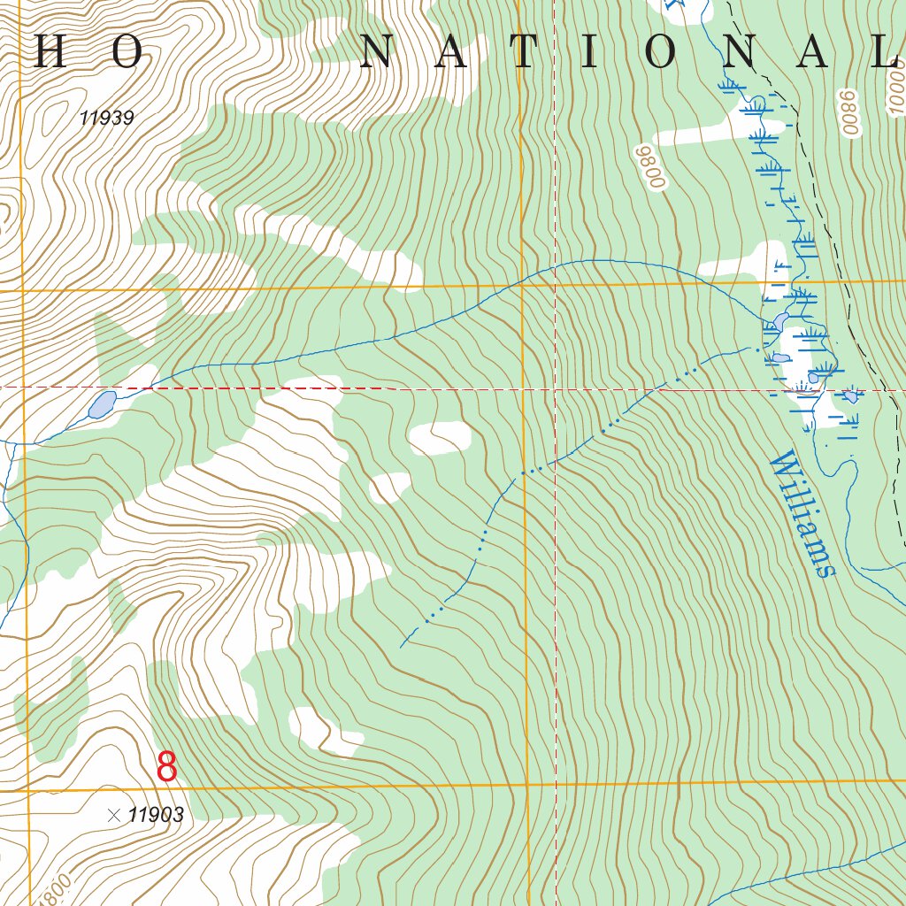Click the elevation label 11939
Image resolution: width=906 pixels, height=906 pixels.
click(106, 118)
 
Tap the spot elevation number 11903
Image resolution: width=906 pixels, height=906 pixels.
click(156, 816)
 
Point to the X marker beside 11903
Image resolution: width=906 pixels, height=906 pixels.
click(113, 816)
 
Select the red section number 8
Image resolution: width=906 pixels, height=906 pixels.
click(166, 767)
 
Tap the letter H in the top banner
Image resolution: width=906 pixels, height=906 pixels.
click(50, 53)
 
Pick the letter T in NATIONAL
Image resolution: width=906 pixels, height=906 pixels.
click(524, 53)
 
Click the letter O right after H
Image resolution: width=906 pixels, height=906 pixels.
click(127, 53)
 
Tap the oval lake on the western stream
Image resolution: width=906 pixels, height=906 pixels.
click(101, 405)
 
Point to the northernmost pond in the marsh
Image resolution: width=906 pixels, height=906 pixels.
click(780, 319)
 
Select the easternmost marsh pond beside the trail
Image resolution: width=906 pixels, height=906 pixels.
click(851, 395)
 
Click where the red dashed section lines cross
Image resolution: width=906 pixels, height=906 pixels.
click(555, 388)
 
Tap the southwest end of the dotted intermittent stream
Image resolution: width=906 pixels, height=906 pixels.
click(402, 646)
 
